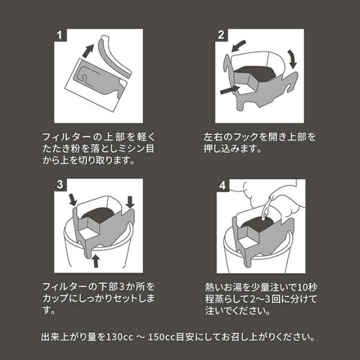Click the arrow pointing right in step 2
(x=229, y=91)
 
